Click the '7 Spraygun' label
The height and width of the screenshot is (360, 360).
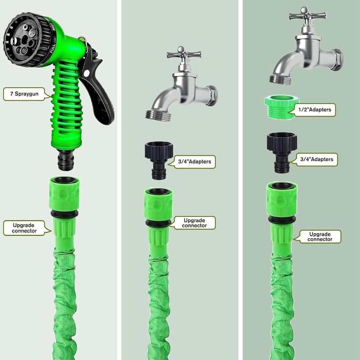pos(24,94)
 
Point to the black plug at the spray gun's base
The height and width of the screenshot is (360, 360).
pos(66,160)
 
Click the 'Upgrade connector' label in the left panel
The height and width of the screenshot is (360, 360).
pos(24,228)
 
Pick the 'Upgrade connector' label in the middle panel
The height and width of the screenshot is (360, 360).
pos(194,223)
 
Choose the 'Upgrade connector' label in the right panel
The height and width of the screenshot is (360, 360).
pos(320,237)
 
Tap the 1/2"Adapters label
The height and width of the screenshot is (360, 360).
pos(315,110)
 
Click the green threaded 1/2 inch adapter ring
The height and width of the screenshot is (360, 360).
pos(282,107)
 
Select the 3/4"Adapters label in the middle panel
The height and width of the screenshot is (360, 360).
pos(194,162)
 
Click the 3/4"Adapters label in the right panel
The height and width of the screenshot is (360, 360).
pos(317,159)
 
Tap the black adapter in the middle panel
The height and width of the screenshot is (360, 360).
pos(159,161)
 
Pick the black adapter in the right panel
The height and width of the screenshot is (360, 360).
pos(282,153)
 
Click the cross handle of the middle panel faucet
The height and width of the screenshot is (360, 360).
pos(184,54)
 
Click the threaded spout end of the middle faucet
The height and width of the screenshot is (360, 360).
pos(158,115)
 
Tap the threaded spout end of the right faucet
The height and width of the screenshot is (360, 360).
pos(280,80)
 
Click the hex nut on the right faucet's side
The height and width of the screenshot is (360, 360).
pos(337,60)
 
